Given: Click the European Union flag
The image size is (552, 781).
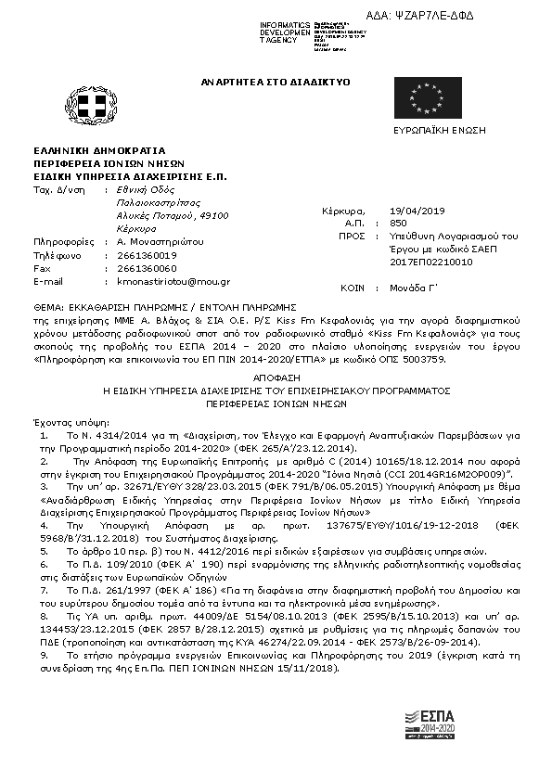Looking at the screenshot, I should (x=427, y=97).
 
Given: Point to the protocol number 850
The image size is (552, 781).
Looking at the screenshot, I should (x=399, y=224).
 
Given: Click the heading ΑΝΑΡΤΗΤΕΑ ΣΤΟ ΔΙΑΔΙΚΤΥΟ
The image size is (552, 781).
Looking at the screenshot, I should (x=276, y=83).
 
